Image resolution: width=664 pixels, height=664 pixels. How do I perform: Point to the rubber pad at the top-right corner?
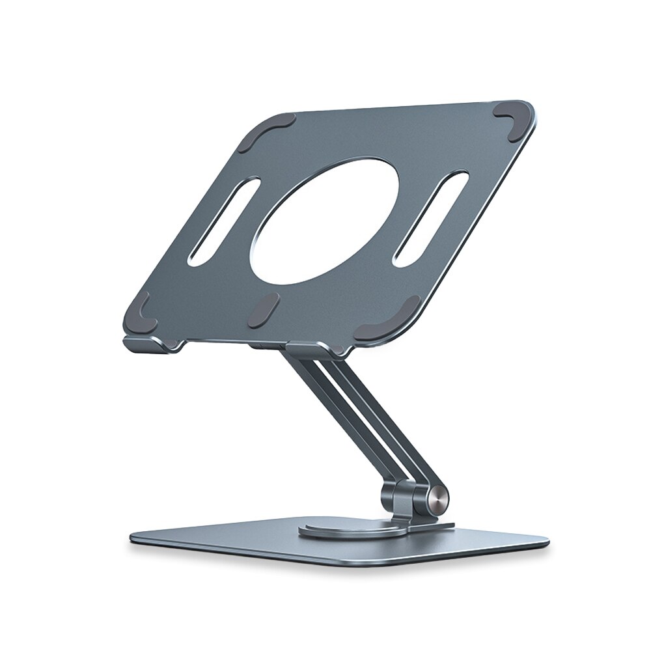tap(517, 117)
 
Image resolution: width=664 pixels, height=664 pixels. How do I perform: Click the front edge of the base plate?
tap(339, 560)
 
